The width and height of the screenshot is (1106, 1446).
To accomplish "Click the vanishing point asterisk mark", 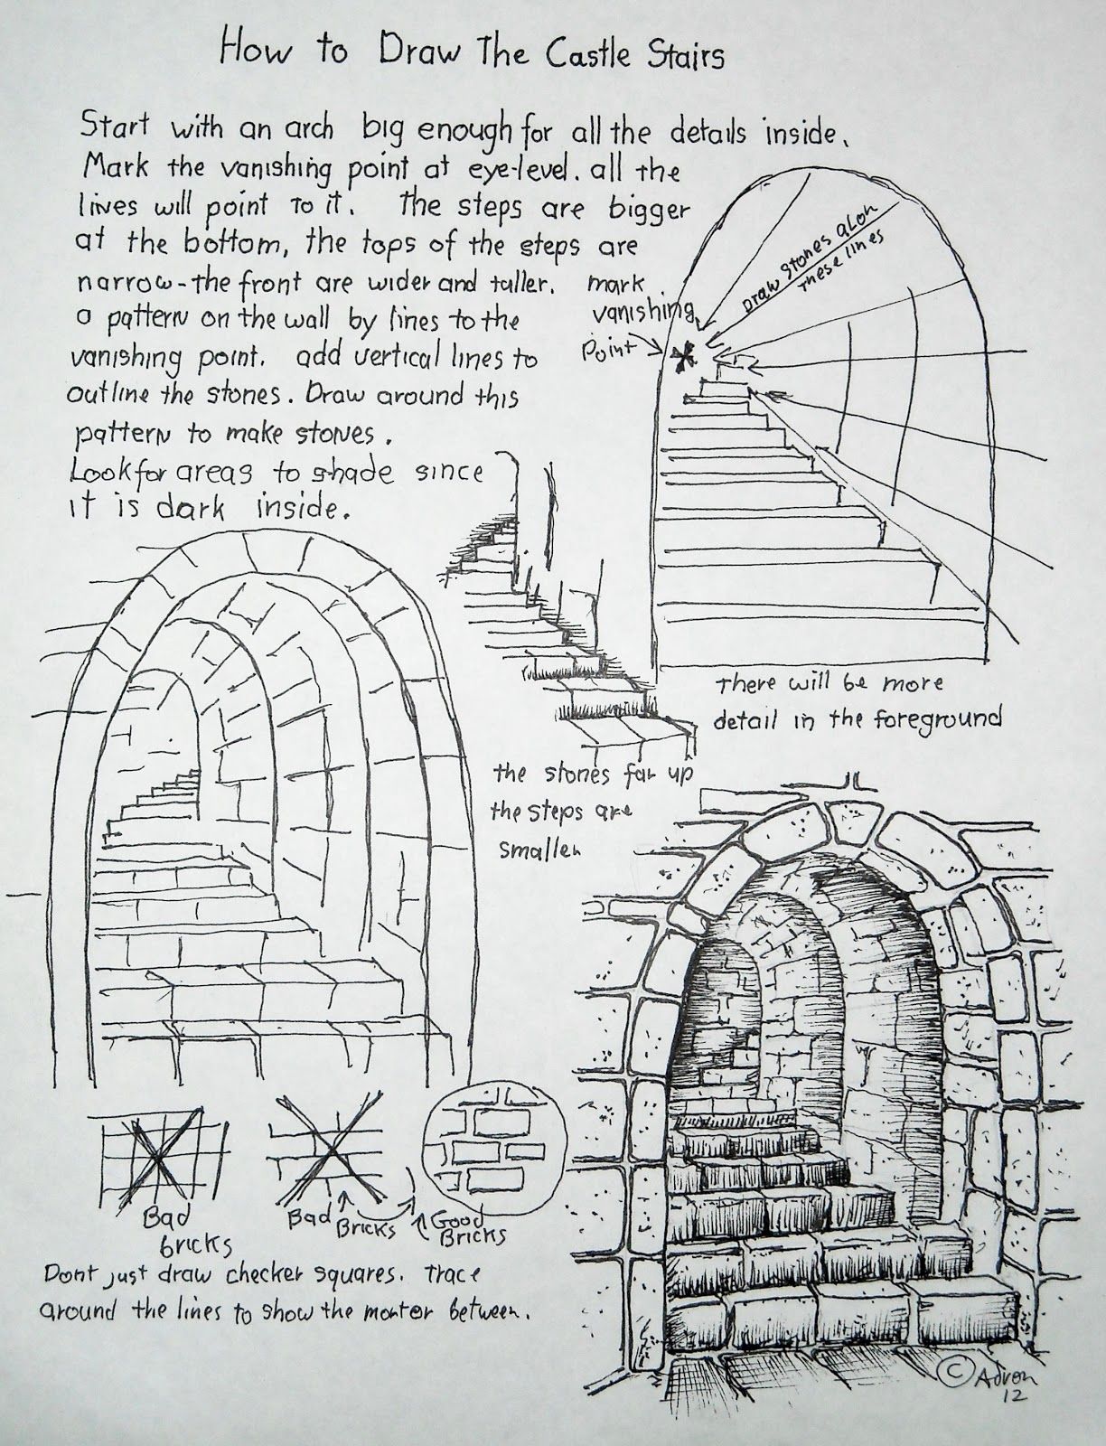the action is click(x=682, y=358).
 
